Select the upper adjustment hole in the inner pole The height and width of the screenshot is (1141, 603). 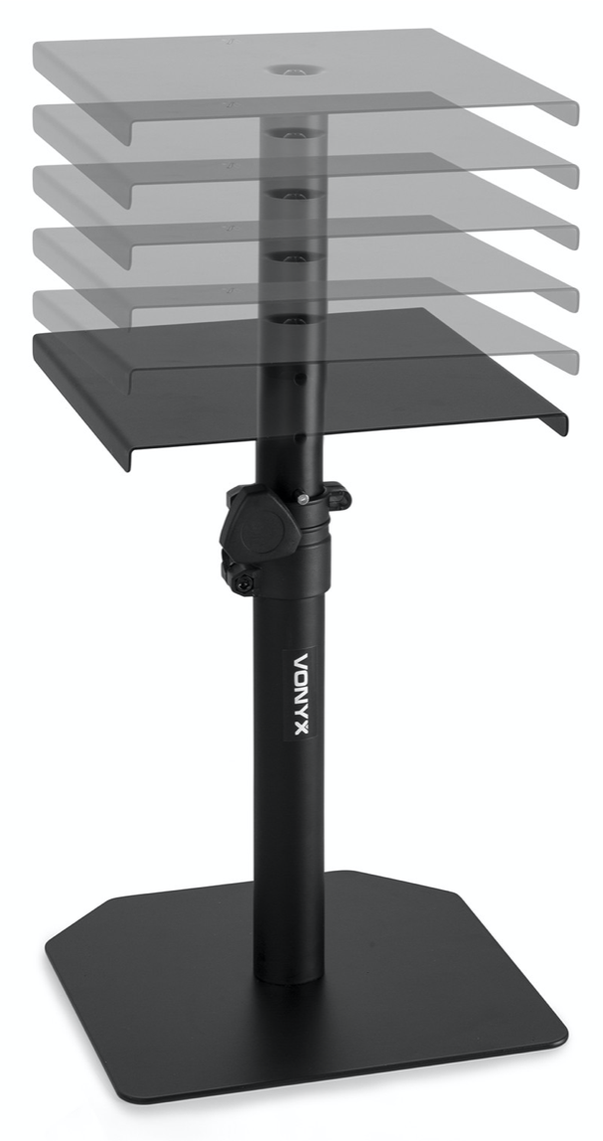pyautogui.click(x=301, y=379)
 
